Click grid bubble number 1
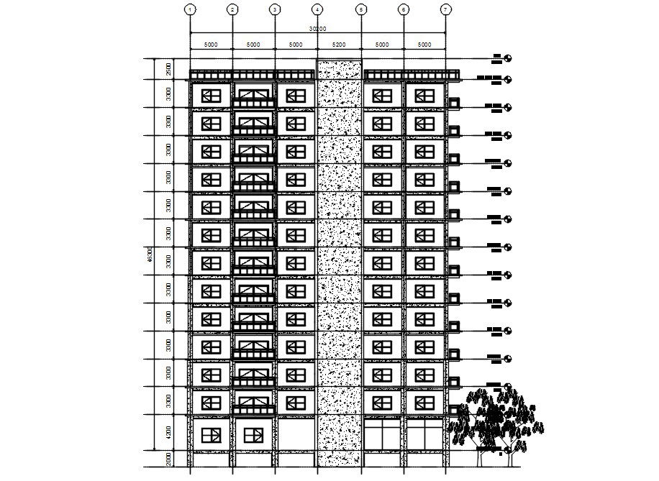click(x=190, y=9)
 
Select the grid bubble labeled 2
click(x=232, y=9)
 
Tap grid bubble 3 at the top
click(x=275, y=9)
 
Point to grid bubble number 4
click(x=317, y=9)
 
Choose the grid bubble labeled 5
click(x=361, y=9)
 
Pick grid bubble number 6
click(x=404, y=9)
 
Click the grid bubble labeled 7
click(x=446, y=9)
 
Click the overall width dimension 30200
click(x=318, y=29)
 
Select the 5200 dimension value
click(x=339, y=45)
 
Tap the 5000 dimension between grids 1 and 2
click(x=211, y=45)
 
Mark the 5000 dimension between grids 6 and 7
click(x=424, y=45)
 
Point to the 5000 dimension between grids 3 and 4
click(x=296, y=45)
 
